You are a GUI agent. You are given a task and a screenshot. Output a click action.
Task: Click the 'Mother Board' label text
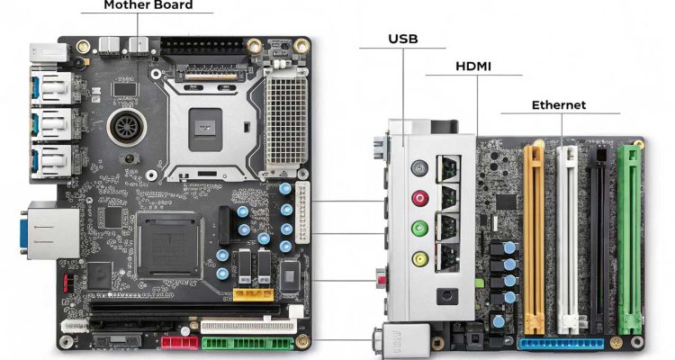pyautogui.click(x=148, y=5)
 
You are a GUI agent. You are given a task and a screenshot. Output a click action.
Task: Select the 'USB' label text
pyautogui.click(x=403, y=38)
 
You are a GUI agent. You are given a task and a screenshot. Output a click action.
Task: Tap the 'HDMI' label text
pyautogui.click(x=473, y=67)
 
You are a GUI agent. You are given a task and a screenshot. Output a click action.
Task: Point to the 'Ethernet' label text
pyautogui.click(x=558, y=105)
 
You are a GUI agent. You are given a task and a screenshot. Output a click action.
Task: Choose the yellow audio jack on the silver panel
pyautogui.click(x=419, y=259)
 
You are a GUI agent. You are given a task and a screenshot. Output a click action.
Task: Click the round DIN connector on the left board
pyautogui.click(x=122, y=127)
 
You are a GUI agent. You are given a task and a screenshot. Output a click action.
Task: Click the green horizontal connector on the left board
pyautogui.click(x=247, y=342)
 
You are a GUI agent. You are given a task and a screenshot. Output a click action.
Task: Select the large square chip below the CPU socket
pyautogui.click(x=167, y=244)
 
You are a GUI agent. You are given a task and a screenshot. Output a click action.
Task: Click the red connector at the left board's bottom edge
pyautogui.click(x=177, y=342)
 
